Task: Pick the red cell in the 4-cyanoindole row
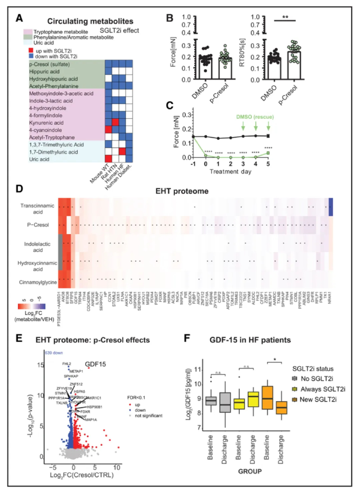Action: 108,130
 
